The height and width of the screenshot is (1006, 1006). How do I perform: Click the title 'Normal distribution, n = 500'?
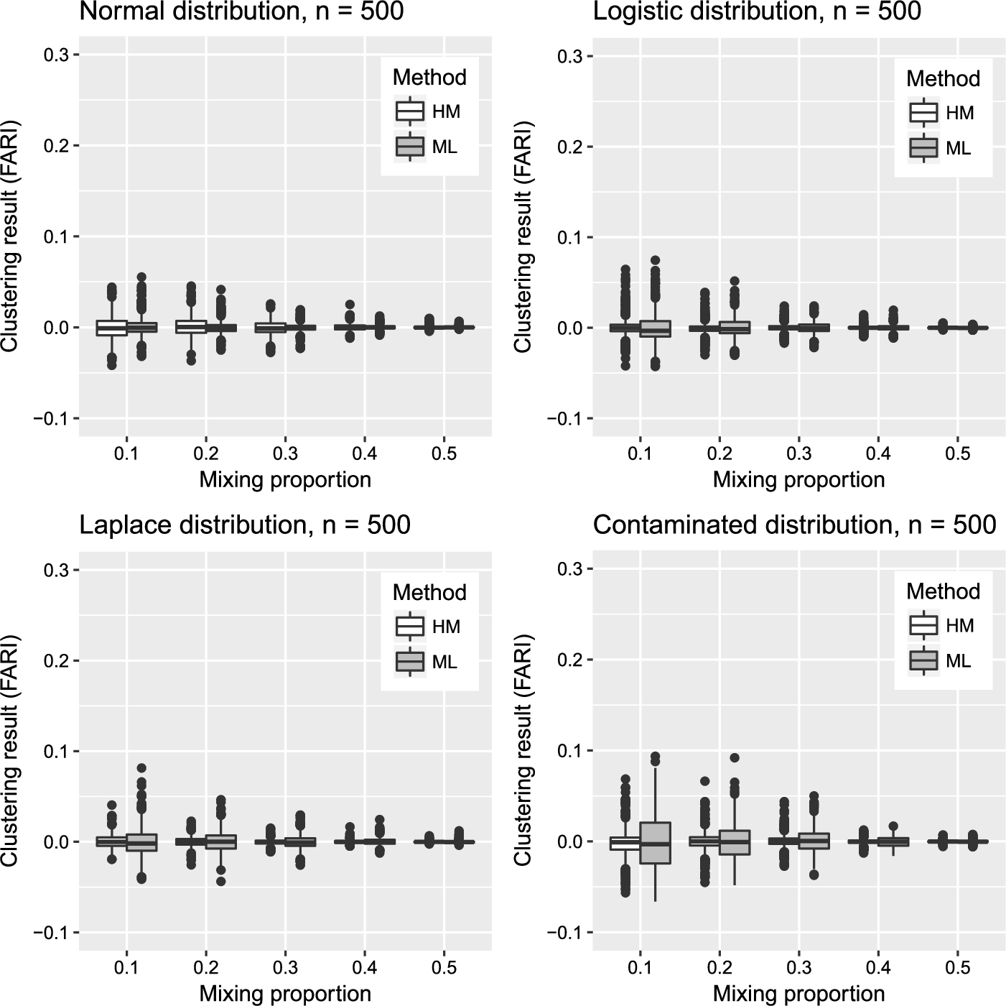point(241,11)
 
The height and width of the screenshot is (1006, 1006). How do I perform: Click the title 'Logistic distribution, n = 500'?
point(757,11)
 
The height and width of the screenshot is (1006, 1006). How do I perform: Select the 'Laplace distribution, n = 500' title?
point(244,525)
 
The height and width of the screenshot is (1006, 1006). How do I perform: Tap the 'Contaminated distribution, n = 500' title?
point(794,525)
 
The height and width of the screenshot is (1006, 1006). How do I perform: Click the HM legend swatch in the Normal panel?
point(410,112)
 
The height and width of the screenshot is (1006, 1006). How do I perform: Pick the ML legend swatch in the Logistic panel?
point(923,148)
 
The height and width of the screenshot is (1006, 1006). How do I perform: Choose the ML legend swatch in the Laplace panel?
point(410,662)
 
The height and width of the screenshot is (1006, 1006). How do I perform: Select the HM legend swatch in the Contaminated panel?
point(923,626)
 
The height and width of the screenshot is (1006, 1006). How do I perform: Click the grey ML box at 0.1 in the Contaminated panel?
point(656,843)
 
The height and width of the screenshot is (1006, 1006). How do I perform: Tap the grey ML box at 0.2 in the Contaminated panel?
point(735,842)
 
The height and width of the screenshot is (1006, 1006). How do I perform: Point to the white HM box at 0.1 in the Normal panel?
point(111,328)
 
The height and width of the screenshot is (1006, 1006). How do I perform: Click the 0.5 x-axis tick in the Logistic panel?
point(958,454)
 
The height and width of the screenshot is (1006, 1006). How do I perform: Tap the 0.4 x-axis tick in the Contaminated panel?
point(878,968)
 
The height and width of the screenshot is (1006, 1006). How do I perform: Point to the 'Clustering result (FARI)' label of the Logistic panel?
point(523,237)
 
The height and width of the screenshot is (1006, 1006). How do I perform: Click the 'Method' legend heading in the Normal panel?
point(429,78)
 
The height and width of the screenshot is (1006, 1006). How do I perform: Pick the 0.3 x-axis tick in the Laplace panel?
point(285,968)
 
